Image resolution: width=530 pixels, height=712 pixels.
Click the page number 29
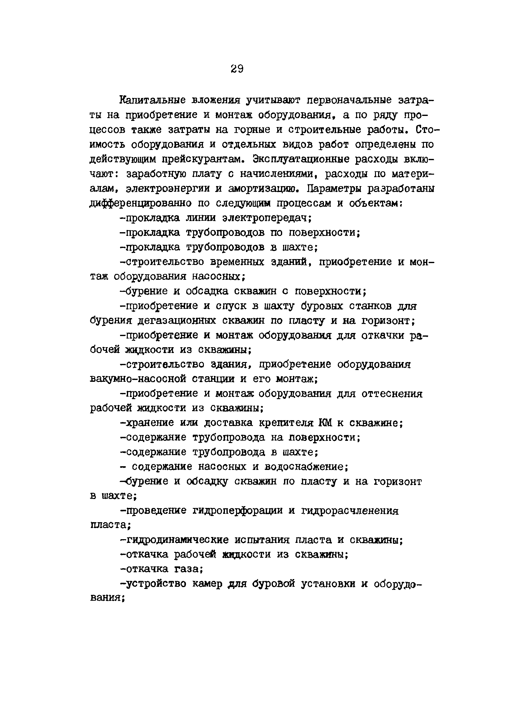tap(237, 69)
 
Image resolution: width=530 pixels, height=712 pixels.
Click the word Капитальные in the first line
tap(153, 100)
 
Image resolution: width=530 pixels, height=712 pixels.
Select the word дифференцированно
tap(140, 203)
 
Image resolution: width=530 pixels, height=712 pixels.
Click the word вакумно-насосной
tap(137, 379)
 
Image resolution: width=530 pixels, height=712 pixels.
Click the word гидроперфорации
tap(237, 511)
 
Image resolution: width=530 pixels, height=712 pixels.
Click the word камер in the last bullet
tap(207, 584)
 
